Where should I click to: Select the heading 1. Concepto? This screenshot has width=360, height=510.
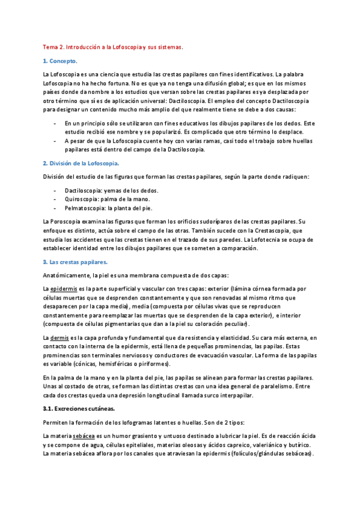(60, 61)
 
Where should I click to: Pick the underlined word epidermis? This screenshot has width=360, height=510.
(63, 289)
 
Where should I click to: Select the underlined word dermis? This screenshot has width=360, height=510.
(59, 338)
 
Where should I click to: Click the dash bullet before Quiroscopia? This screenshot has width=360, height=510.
(56, 198)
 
